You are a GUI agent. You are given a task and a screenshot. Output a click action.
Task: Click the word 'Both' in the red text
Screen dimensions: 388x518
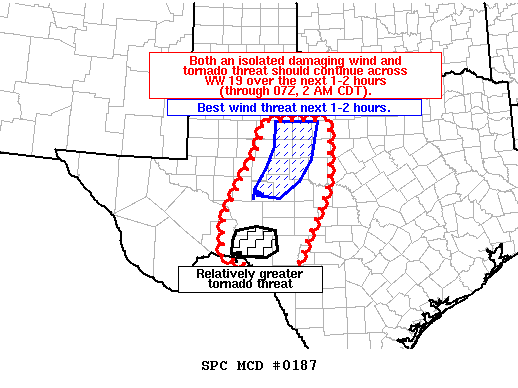click(x=202, y=61)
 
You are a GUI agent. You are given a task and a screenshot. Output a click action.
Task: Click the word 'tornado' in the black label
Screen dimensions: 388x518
click(x=221, y=284)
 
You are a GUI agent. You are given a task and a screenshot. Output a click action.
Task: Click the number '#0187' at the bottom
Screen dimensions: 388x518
click(x=295, y=365)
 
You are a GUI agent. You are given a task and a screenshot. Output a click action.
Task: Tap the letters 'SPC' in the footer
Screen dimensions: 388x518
click(x=214, y=365)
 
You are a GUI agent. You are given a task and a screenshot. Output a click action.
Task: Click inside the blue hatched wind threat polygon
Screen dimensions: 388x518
click(x=289, y=155)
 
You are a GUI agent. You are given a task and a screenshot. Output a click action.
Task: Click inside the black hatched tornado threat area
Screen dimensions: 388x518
click(x=256, y=241)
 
